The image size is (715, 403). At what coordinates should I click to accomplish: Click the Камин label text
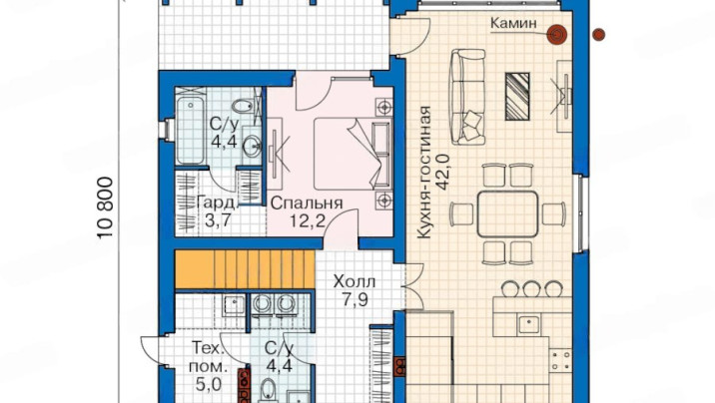(513, 23)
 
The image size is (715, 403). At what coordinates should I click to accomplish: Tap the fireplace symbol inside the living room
(557, 34)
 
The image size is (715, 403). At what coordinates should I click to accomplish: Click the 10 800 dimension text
(105, 207)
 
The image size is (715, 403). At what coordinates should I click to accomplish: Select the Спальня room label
(306, 203)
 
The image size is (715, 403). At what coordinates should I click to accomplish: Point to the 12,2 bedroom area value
(308, 220)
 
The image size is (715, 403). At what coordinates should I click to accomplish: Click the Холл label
(355, 281)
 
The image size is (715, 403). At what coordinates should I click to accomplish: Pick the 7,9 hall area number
(355, 299)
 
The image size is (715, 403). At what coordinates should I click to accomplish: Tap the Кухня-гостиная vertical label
(425, 173)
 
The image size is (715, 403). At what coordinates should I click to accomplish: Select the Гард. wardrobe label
(218, 203)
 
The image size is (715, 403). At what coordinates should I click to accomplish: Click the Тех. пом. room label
(208, 357)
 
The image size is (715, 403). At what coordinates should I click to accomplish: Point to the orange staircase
(246, 268)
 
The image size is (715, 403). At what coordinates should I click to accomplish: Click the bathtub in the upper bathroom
(190, 131)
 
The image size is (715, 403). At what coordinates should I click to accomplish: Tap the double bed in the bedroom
(353, 154)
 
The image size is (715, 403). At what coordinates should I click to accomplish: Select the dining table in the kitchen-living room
(507, 214)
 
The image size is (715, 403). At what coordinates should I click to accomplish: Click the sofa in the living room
(468, 97)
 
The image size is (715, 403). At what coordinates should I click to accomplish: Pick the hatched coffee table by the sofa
(517, 96)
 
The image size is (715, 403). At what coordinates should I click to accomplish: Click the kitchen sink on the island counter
(528, 324)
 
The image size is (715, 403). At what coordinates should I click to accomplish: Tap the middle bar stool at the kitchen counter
(531, 288)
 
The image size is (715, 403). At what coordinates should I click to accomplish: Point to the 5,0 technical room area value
(209, 384)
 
